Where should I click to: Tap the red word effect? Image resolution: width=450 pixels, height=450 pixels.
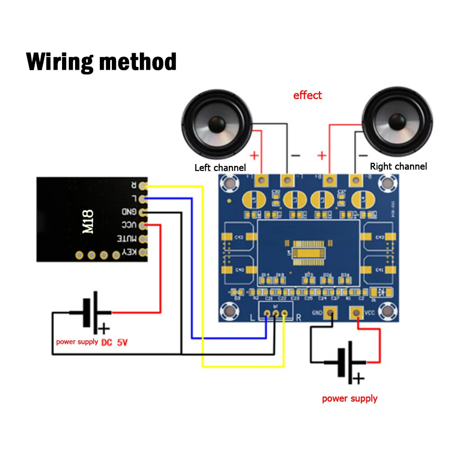pyautogui.click(x=307, y=95)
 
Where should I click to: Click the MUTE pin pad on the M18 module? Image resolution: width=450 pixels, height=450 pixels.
pyautogui.click(x=143, y=239)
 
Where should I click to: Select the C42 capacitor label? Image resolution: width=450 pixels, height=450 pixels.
pyautogui.click(x=239, y=237)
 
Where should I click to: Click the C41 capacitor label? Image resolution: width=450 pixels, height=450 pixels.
pyautogui.click(x=379, y=270)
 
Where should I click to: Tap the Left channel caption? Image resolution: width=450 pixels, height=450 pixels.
pyautogui.click(x=220, y=168)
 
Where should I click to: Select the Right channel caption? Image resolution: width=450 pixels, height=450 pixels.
pyautogui.click(x=398, y=166)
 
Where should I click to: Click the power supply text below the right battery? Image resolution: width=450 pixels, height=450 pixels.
pyautogui.click(x=349, y=398)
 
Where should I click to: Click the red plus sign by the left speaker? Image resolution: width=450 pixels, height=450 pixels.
pyautogui.click(x=254, y=156)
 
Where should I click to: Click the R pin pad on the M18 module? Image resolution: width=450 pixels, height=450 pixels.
pyautogui.click(x=143, y=185)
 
